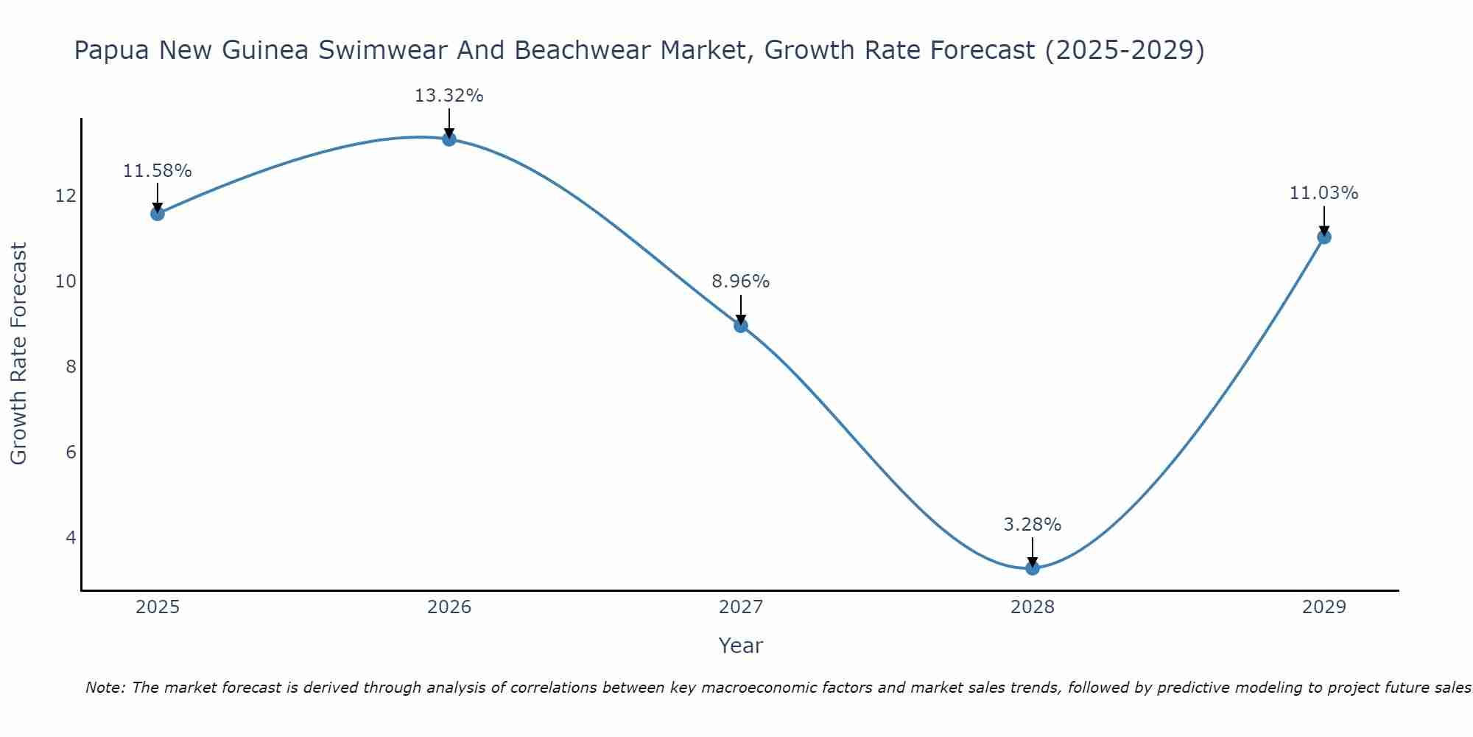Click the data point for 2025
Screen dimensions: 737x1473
[x=158, y=214]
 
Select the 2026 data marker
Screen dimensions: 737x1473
[x=449, y=139]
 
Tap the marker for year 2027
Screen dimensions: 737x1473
[x=741, y=326]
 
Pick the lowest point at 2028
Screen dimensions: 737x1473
[x=1033, y=568]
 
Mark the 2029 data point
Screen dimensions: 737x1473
[x=1324, y=237]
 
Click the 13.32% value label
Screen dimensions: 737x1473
[x=449, y=96]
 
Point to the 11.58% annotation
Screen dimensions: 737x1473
[x=158, y=171]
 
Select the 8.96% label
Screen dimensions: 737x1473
[x=741, y=282]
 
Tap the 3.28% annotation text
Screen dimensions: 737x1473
[x=1033, y=525]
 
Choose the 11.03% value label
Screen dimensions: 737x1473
[x=1324, y=193]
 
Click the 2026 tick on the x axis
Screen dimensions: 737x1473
[x=449, y=607]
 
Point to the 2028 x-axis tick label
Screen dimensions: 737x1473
[x=1033, y=607]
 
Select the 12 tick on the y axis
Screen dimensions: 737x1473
[x=66, y=196]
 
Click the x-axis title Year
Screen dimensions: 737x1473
[x=741, y=646]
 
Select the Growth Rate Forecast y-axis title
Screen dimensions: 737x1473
[x=19, y=354]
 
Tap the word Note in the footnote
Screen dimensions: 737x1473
[x=105, y=688]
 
